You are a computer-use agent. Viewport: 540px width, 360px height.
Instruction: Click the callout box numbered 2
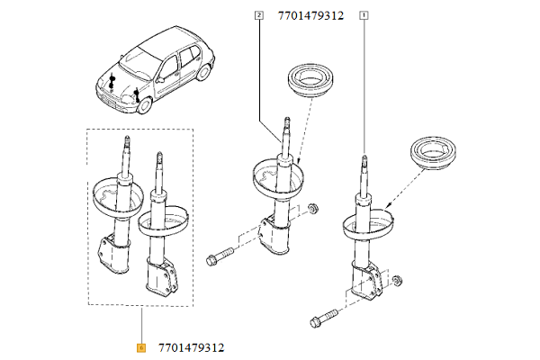(x=259, y=15)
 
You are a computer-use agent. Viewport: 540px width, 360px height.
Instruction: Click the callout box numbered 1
(x=364, y=15)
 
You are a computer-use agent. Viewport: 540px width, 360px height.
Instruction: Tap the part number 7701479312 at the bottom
(x=191, y=347)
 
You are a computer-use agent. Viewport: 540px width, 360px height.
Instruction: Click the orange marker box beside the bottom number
(x=141, y=347)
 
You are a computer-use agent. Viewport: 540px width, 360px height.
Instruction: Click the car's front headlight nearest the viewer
(x=118, y=102)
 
